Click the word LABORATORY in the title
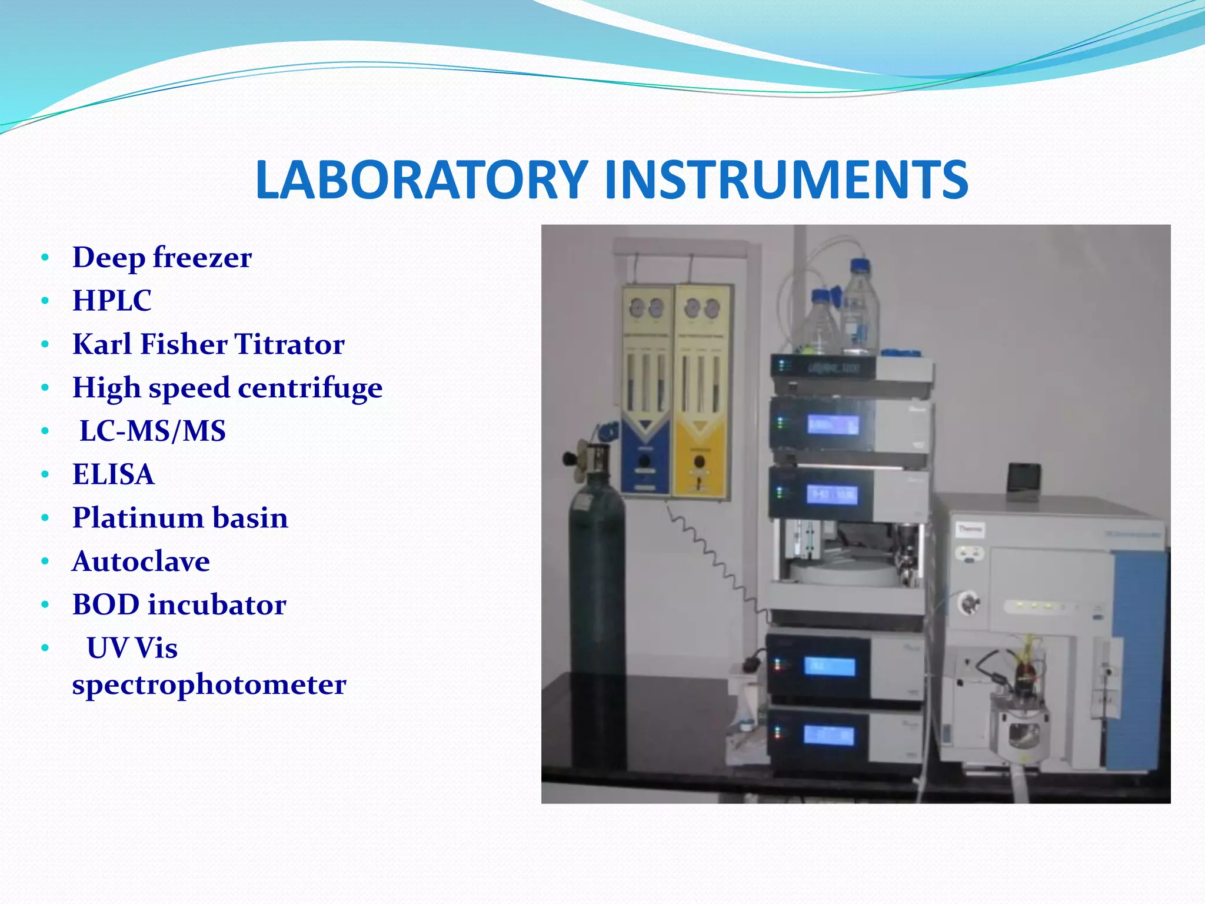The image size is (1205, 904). pos(421,180)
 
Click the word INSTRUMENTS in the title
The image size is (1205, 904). pos(786,180)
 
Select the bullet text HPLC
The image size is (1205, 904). pos(112,300)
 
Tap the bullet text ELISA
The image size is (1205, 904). pos(113,474)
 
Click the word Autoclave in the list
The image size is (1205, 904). pos(141,561)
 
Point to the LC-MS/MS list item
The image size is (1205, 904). pos(152,431)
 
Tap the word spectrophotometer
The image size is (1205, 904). pos(209,684)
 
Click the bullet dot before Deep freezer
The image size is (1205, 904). pos(46,258)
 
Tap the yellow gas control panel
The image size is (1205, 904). pos(700,391)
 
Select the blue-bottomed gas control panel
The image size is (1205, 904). pos(646,391)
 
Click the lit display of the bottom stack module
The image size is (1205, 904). pos(829,735)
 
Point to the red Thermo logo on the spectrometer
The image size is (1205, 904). pos(969,529)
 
